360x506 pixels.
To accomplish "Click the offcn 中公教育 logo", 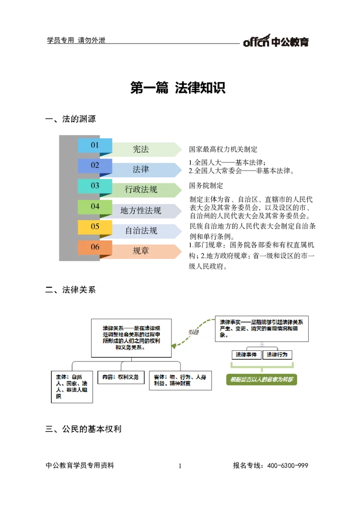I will [275, 40].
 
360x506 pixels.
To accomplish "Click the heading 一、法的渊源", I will [76, 119].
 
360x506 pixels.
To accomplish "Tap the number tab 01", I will [95, 145].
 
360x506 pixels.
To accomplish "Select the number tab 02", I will [95, 166].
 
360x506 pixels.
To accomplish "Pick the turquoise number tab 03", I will [95, 186].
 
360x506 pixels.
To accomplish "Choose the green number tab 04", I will [95, 207].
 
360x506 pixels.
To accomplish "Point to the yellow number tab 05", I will [95, 227].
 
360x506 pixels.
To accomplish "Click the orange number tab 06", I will [95, 247].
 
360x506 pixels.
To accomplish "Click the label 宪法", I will [141, 149].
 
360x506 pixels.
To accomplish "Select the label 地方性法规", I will [141, 211].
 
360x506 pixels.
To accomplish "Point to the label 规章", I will [141, 251].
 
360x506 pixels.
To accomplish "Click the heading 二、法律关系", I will [76, 290].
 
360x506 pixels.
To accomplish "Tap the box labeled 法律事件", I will [246, 355].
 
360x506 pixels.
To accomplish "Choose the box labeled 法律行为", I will [277, 355].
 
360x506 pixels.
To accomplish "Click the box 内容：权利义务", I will [121, 377].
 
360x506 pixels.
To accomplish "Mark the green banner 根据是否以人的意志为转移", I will [261, 379].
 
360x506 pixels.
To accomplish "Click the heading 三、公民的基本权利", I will [88, 429].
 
